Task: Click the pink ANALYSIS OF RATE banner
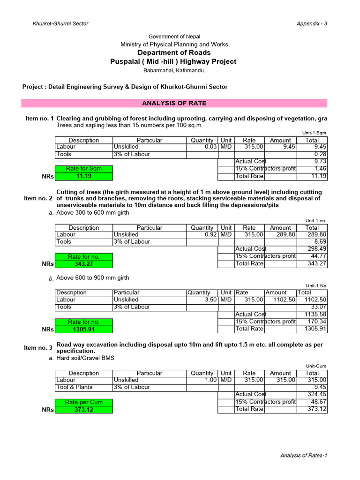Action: tap(174, 103)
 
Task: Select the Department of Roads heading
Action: tap(174, 52)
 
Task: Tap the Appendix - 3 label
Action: tap(312, 24)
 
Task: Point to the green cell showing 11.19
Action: tap(84, 176)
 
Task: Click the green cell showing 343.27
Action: tap(84, 264)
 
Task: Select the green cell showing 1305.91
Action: tap(84, 329)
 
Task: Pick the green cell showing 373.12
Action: tap(84, 409)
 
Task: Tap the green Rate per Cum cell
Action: tap(84, 402)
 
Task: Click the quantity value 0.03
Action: tap(210, 147)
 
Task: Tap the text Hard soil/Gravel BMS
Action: tap(85, 358)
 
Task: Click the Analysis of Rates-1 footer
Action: tap(303, 455)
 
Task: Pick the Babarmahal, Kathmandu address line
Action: tap(174, 70)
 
